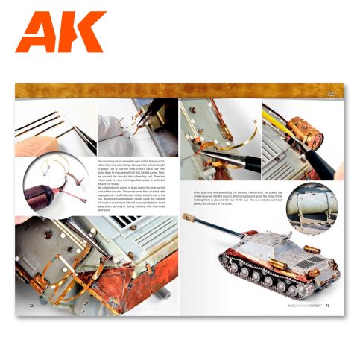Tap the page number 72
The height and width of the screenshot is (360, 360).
pyautogui.click(x=31, y=304)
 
